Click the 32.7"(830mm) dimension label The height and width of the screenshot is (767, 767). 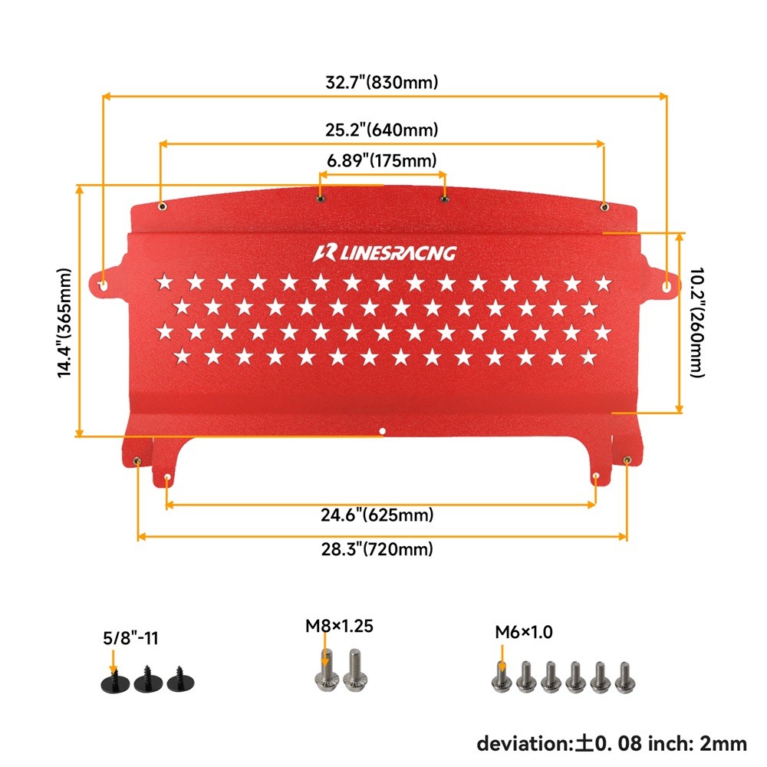381,82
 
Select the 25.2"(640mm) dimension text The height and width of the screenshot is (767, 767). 381,130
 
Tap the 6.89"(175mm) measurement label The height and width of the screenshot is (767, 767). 381,160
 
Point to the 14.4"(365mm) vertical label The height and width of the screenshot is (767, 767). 64,323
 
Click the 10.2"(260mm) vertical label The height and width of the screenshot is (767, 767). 696,322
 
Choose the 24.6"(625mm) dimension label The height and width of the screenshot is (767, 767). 377,515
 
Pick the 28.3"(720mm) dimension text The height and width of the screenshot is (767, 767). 377,549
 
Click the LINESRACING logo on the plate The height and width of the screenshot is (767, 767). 384,253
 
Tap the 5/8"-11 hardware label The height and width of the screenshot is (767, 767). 130,638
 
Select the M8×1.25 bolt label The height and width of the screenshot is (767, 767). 339,626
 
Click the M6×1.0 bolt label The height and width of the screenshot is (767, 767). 523,632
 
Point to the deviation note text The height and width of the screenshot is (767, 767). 611,744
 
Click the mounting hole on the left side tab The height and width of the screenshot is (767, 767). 104,285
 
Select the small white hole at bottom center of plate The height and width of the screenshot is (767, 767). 383,431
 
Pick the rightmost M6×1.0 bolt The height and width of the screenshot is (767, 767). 624,677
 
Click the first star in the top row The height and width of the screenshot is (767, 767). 164,282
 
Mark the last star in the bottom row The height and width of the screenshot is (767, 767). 589,357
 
